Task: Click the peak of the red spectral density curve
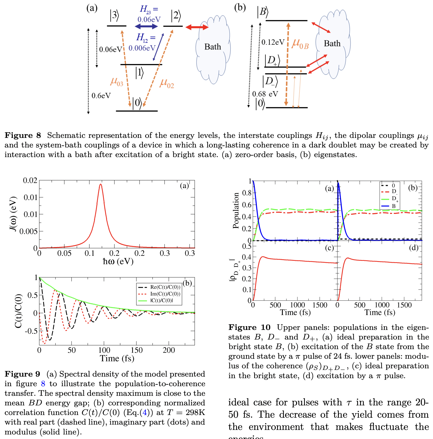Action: [x=101, y=184]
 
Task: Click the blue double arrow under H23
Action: [x=146, y=26]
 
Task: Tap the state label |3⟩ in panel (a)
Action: [x=114, y=15]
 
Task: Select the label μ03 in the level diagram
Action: [x=117, y=82]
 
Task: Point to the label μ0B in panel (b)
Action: [x=300, y=44]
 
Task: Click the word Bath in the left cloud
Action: [x=212, y=47]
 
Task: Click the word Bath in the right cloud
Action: [x=332, y=43]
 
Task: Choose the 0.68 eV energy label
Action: [x=265, y=94]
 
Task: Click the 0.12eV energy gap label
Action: [x=273, y=42]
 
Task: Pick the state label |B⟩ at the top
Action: [x=262, y=12]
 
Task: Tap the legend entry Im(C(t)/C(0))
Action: [x=165, y=294]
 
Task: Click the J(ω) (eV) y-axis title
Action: [x=13, y=214]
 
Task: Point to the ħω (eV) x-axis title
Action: [x=118, y=261]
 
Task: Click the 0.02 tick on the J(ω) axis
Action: [x=30, y=181]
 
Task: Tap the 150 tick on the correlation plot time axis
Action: [x=136, y=350]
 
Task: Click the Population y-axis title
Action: [x=235, y=211]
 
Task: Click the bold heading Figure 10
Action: [x=249, y=327]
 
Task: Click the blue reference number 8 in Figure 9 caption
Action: [x=43, y=384]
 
